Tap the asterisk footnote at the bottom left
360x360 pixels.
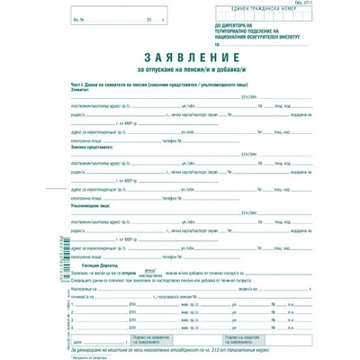[x=84, y=355]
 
